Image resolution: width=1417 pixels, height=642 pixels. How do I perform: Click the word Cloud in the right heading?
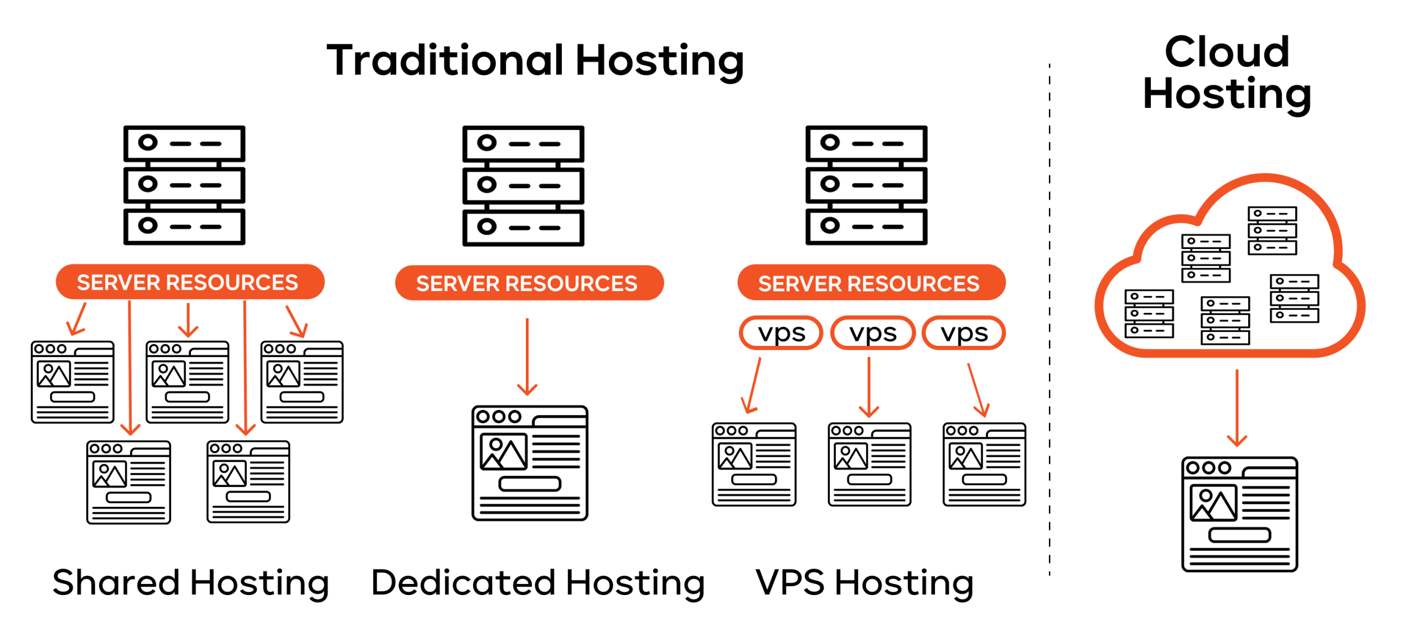click(x=1227, y=51)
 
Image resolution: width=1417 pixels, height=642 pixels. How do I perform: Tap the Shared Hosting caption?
click(x=190, y=582)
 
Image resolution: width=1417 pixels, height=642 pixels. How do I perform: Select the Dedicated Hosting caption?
click(x=537, y=582)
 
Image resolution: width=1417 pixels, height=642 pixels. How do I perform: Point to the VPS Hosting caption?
click(x=864, y=582)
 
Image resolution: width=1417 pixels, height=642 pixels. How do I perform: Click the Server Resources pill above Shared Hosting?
click(x=190, y=282)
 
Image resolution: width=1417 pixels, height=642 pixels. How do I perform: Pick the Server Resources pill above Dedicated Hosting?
click(x=529, y=283)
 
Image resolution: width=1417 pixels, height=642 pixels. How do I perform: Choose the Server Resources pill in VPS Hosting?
click(x=871, y=283)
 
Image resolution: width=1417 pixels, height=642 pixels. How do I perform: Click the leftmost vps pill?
click(x=780, y=333)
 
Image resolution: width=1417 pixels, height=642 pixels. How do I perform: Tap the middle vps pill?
click(x=872, y=333)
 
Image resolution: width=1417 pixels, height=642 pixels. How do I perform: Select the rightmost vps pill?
click(x=963, y=333)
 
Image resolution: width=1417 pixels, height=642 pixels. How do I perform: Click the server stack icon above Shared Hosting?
click(x=184, y=185)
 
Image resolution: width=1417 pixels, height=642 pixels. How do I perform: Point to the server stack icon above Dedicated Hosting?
click(x=523, y=185)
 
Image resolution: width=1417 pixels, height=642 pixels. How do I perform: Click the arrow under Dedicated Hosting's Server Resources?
click(x=527, y=357)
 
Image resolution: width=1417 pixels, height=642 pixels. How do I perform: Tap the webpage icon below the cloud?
click(x=1239, y=514)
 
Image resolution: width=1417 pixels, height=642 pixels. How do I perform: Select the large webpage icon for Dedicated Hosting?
click(x=530, y=463)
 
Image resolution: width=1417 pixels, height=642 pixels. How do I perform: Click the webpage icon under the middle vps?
click(x=869, y=464)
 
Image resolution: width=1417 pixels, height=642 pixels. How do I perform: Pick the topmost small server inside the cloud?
click(x=1271, y=230)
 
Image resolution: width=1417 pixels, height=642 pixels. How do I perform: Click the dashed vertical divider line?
click(x=1049, y=321)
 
